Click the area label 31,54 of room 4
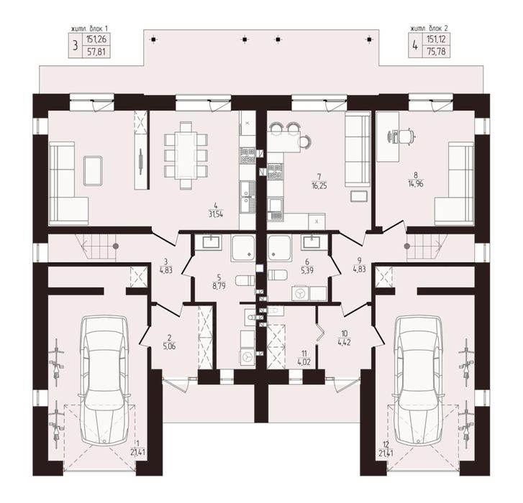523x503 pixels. click(216, 214)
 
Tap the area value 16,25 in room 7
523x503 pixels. click(319, 186)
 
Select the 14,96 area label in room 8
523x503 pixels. click(416, 183)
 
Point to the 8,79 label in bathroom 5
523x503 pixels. click(219, 286)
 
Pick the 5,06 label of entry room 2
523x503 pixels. click(169, 346)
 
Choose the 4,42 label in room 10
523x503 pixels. click(344, 342)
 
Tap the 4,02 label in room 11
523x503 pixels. click(304, 361)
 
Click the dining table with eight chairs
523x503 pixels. click(186, 156)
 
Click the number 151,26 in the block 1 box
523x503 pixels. click(96, 40)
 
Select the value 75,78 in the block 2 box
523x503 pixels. click(436, 52)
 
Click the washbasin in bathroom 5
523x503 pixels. click(212, 242)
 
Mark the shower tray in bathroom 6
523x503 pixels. click(280, 248)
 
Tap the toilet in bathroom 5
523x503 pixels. click(245, 280)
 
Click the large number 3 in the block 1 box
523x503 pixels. click(76, 46)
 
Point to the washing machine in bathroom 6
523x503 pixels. click(301, 293)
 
